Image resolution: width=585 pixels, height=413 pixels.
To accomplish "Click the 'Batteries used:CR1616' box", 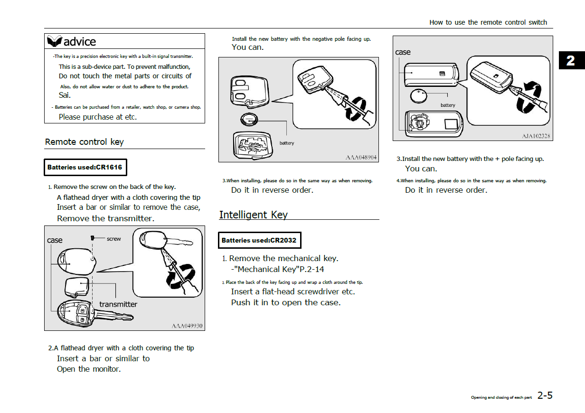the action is (85, 168).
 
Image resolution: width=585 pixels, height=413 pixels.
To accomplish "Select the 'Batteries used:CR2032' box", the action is (260, 240).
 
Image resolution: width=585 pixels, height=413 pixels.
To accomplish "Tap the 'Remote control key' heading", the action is (85, 142).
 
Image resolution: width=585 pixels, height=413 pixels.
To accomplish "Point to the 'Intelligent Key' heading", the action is (254, 215).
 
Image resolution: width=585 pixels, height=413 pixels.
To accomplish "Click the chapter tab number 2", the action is (571, 61).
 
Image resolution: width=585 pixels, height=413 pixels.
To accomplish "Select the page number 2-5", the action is (545, 395).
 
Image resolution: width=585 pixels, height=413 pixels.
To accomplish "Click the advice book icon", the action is (54, 41).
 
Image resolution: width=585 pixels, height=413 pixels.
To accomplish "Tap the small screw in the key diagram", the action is (92, 238).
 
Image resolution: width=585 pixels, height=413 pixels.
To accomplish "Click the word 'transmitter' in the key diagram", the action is (118, 304).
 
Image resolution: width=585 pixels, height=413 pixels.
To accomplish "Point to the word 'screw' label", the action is (114, 239).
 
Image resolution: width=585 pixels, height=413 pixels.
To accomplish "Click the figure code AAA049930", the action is (187, 326).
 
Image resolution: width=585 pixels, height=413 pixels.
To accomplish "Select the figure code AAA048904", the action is (361, 158).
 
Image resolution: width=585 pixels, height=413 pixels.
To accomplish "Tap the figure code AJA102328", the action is (536, 136).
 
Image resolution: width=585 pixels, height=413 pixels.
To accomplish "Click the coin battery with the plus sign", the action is (418, 96).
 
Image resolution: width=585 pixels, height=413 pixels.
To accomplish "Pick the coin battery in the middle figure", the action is (249, 120).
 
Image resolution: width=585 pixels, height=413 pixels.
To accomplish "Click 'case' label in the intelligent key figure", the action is (403, 52).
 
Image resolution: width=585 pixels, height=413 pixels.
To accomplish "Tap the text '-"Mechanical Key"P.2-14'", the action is (278, 269).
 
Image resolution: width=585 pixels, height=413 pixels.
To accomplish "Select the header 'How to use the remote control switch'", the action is (488, 22).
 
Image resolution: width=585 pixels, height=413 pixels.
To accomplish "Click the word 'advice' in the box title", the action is (80, 42).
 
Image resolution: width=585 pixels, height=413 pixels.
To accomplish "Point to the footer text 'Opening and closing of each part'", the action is (501, 397).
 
